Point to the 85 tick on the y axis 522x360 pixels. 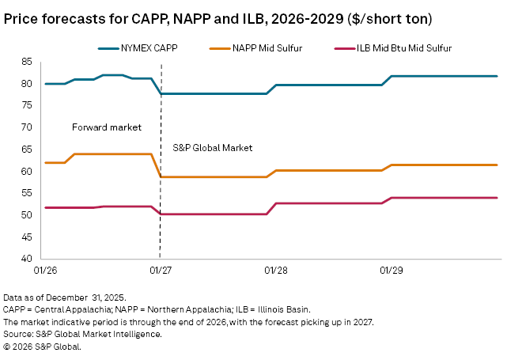point(26,62)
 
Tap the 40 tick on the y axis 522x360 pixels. point(26,259)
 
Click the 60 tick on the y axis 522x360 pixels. point(26,172)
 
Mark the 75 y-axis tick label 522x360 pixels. point(26,106)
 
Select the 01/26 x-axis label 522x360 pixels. point(44,271)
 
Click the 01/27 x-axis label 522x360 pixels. point(160,271)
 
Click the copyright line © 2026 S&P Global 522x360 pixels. point(42,347)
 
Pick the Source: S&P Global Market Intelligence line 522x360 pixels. point(83,334)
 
